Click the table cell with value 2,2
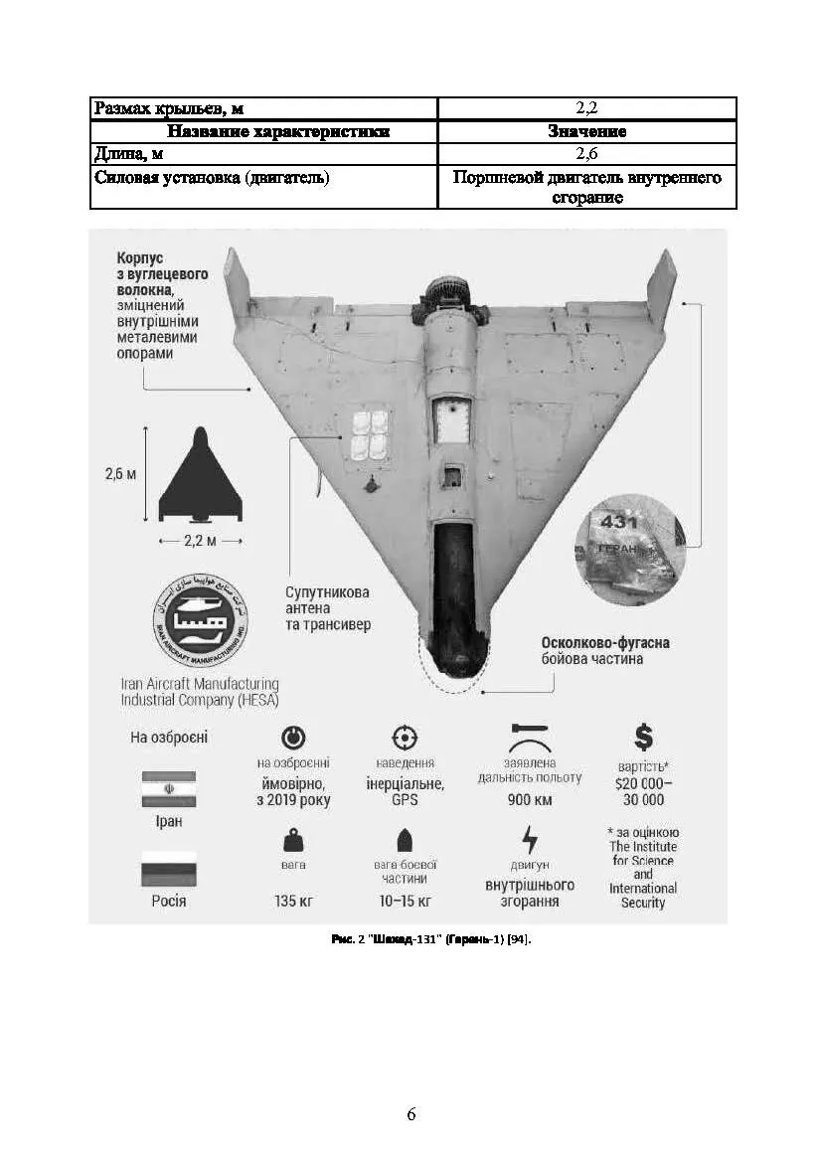point(586,108)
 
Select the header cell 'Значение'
point(586,131)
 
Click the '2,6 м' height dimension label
point(120,473)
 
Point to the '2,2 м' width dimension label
point(200,542)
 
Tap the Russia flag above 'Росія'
point(169,869)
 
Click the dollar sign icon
point(643,737)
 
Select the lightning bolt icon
point(530,839)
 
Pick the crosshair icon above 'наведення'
point(405,738)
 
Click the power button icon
point(294,738)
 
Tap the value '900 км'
point(530,800)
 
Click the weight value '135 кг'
point(294,903)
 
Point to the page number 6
point(411,1114)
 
